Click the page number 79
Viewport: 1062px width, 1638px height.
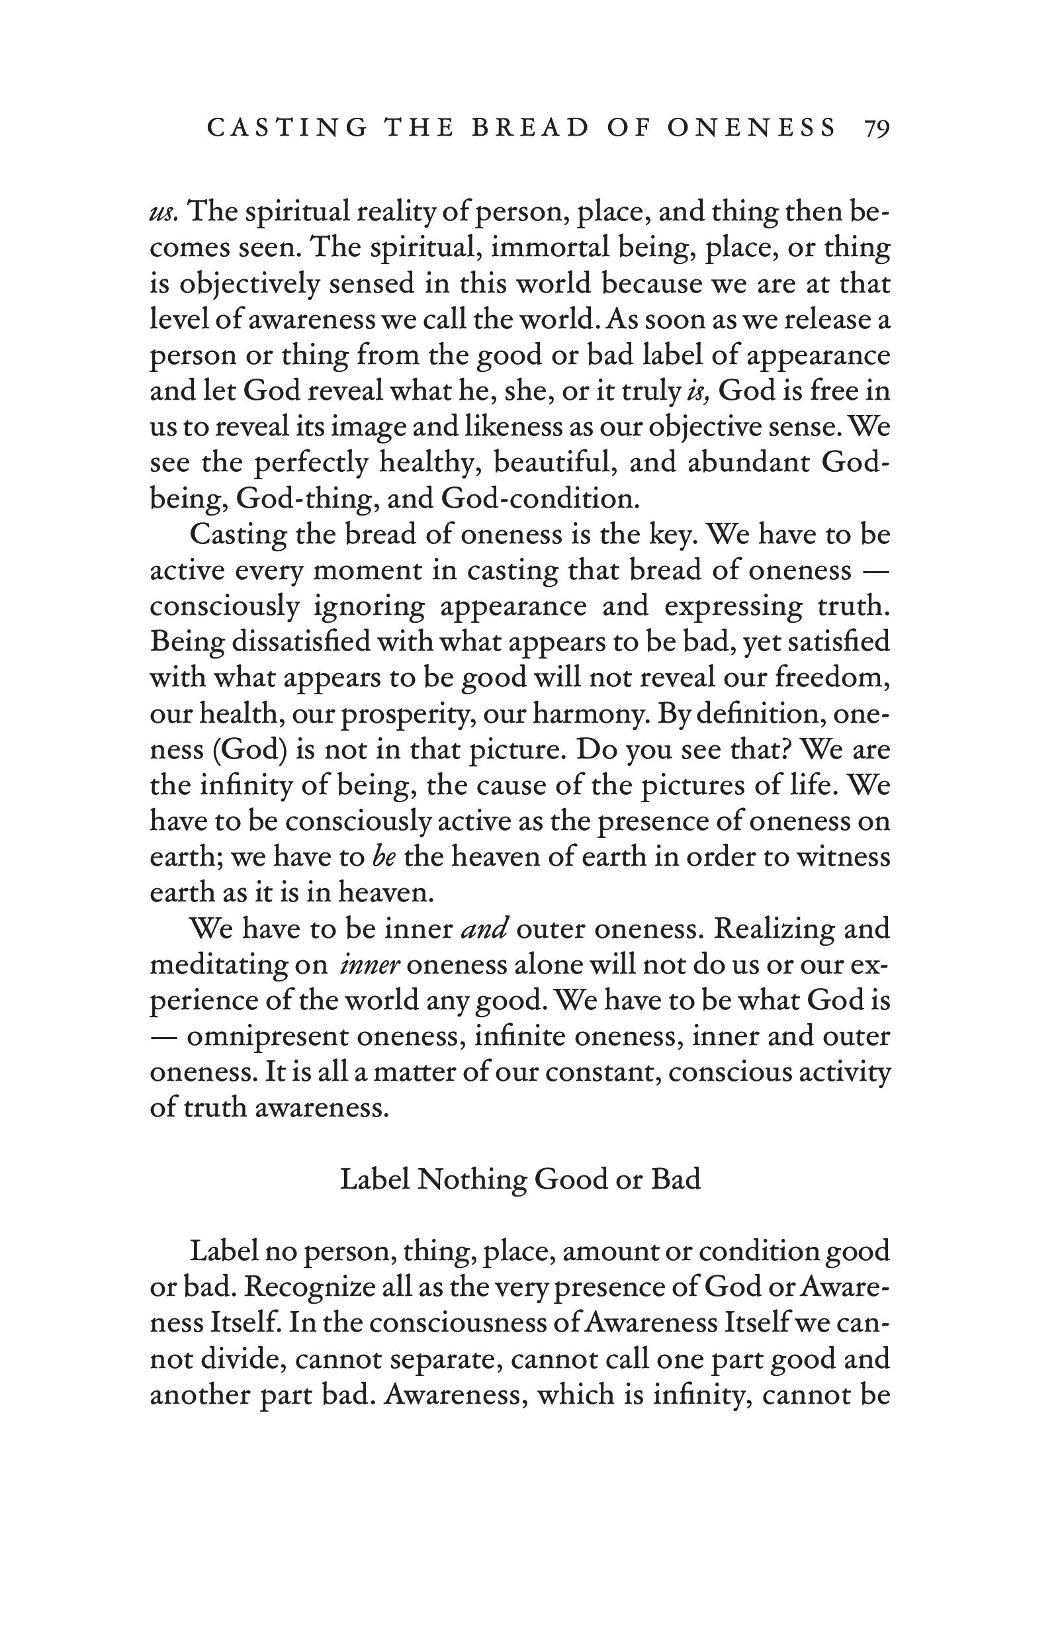point(876,128)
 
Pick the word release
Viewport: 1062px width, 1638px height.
point(832,320)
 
